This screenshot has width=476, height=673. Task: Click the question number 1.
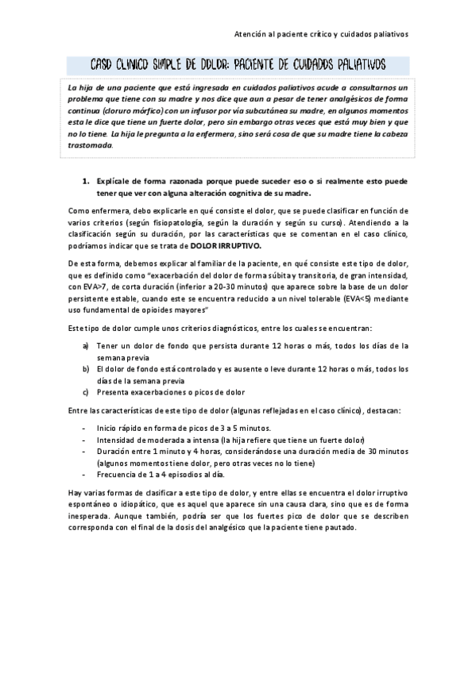click(x=85, y=181)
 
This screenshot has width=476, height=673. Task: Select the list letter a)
click(x=87, y=345)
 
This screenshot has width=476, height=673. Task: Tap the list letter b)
click(x=87, y=369)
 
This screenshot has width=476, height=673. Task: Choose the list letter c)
click(x=87, y=392)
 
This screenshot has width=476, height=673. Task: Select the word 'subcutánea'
click(x=274, y=111)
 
